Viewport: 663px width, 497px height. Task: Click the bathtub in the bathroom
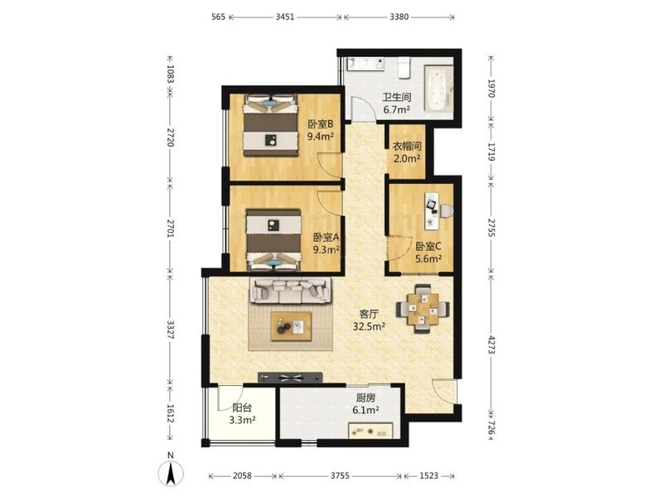[x=438, y=89]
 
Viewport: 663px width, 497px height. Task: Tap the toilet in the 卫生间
[x=404, y=69]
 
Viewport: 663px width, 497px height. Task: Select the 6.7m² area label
[x=397, y=110]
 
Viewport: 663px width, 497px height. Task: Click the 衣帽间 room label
[x=407, y=147]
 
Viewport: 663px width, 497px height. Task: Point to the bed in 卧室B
[x=271, y=126]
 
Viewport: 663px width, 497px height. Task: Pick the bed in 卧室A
[x=274, y=239]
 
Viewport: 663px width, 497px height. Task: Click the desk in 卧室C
[x=433, y=211]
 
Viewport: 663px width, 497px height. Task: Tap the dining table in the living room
[x=422, y=309]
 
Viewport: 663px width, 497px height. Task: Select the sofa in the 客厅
[x=292, y=291]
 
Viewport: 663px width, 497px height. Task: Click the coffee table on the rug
[x=292, y=326]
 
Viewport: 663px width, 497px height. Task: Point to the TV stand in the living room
[x=290, y=378]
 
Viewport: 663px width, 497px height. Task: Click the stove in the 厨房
[x=370, y=431]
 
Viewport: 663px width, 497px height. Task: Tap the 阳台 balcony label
[x=242, y=408]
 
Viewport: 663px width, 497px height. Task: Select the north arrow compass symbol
[x=171, y=472]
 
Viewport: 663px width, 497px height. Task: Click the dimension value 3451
[x=284, y=17]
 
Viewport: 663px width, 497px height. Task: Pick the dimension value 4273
[x=491, y=345]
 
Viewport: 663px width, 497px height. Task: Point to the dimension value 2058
[x=242, y=475]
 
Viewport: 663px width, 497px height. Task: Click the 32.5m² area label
[x=369, y=326]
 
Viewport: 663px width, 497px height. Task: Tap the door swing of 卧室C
[x=399, y=249]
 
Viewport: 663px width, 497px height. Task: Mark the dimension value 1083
[x=170, y=73]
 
